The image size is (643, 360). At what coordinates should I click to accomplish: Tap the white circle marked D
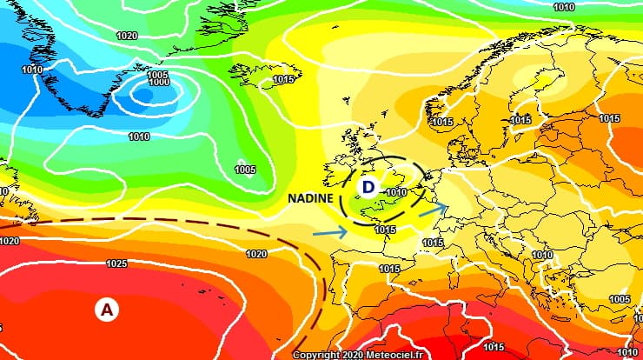368,187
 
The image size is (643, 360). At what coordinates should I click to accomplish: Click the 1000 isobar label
159,83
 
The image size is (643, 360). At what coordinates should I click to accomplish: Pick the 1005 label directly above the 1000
157,75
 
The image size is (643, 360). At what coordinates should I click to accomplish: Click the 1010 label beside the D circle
397,192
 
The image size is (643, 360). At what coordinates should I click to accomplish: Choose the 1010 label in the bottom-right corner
627,351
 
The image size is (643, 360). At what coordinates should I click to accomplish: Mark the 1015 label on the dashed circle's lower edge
385,230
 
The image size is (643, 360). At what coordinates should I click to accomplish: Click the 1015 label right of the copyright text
493,347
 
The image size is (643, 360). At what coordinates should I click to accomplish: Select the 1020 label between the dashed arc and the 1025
256,255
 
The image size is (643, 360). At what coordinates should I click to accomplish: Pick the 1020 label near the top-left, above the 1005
126,37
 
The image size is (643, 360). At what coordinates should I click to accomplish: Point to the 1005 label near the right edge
619,299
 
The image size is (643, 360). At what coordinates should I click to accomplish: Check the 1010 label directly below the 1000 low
138,137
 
